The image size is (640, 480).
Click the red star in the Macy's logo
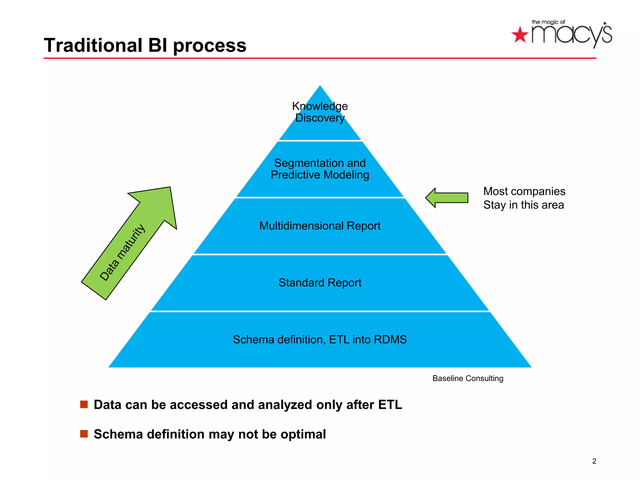(x=520, y=35)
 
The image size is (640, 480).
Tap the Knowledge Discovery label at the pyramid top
(x=320, y=112)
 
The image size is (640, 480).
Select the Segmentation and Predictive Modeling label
(x=320, y=169)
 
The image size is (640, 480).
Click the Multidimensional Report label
(x=320, y=226)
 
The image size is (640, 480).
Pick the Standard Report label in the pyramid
(x=320, y=282)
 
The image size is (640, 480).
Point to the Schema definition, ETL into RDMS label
(x=320, y=339)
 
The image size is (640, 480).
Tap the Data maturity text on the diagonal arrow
(x=122, y=252)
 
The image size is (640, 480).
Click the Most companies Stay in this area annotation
(x=524, y=198)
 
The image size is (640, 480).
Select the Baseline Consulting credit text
(x=467, y=378)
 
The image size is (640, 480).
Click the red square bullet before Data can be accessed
(x=84, y=404)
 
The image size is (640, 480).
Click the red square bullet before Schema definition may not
(x=84, y=434)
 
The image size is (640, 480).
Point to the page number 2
(x=594, y=461)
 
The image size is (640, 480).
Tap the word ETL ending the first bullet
(x=390, y=405)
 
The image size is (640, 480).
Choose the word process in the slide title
(x=209, y=46)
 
